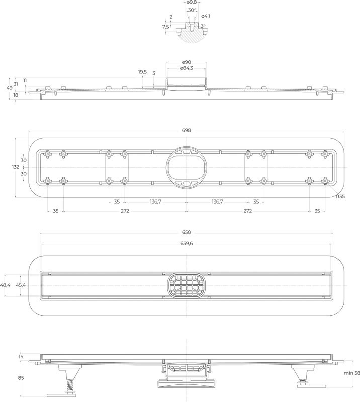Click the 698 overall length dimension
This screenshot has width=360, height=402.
click(187, 130)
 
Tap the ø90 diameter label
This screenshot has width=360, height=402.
click(187, 62)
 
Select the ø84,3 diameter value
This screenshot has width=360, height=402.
click(187, 68)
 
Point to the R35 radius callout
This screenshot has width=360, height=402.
click(340, 196)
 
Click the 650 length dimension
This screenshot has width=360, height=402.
click(187, 232)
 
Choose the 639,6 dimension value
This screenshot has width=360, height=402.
click(187, 243)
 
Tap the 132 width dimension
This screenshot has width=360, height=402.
click(16, 167)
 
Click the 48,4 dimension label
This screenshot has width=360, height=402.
click(5, 285)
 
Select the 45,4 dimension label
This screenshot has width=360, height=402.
click(21, 285)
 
